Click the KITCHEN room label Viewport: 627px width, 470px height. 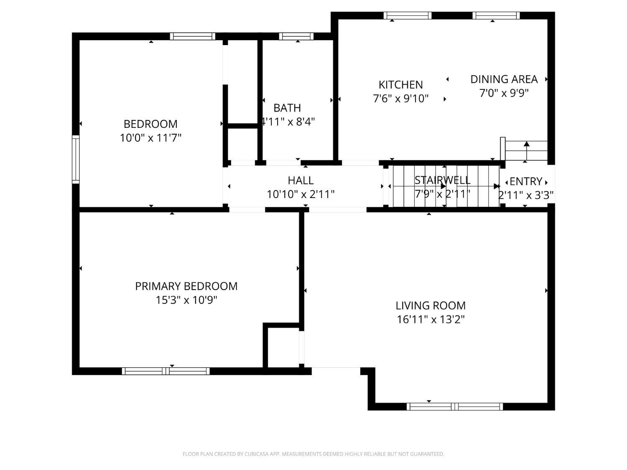(400, 85)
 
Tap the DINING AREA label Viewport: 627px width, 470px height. (504, 79)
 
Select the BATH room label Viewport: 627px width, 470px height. (287, 108)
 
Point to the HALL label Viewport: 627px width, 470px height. (301, 180)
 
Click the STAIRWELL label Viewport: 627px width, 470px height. (442, 180)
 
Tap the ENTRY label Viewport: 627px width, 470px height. (526, 181)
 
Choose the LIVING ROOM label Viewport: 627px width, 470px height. (431, 306)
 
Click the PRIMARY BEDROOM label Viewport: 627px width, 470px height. (186, 286)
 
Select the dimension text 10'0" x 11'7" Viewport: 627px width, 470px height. (150, 138)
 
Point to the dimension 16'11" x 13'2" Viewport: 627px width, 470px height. (431, 319)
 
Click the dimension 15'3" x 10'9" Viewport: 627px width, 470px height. (186, 300)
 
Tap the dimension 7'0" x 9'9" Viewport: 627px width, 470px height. (504, 93)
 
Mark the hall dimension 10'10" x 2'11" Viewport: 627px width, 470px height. (301, 194)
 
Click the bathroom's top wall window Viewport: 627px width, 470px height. (296, 36)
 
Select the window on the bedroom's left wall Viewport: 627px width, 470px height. (76, 160)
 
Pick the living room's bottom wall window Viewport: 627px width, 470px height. (454, 406)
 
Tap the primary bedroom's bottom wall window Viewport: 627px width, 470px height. (166, 371)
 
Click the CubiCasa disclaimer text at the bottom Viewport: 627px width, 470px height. (313, 454)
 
